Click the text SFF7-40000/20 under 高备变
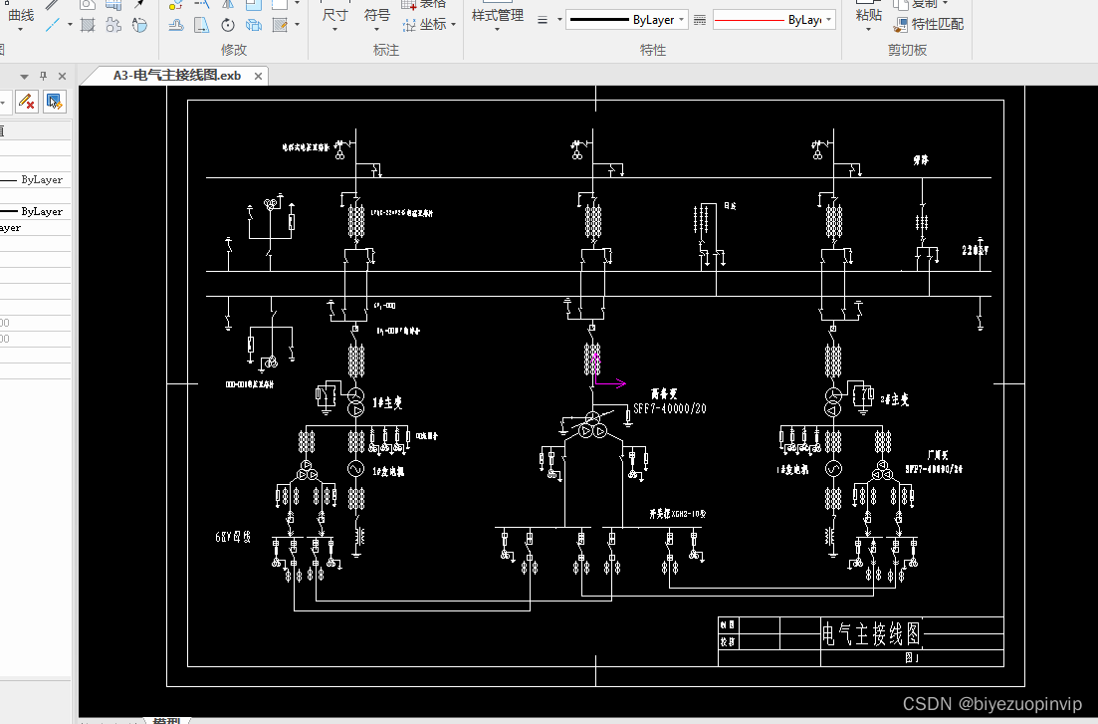pyautogui.click(x=670, y=409)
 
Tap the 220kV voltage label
pyautogui.click(x=977, y=250)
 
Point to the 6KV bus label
pyautogui.click(x=234, y=537)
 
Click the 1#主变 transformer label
pyautogui.click(x=389, y=402)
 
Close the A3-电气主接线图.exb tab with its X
pyautogui.click(x=259, y=76)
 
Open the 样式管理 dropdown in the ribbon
pyautogui.click(x=497, y=17)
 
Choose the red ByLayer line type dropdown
pyautogui.click(x=773, y=20)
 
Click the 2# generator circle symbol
pyautogui.click(x=832, y=468)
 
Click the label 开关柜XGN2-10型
pyautogui.click(x=677, y=515)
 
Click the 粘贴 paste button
pyautogui.click(x=868, y=14)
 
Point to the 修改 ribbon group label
pyautogui.click(x=233, y=50)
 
